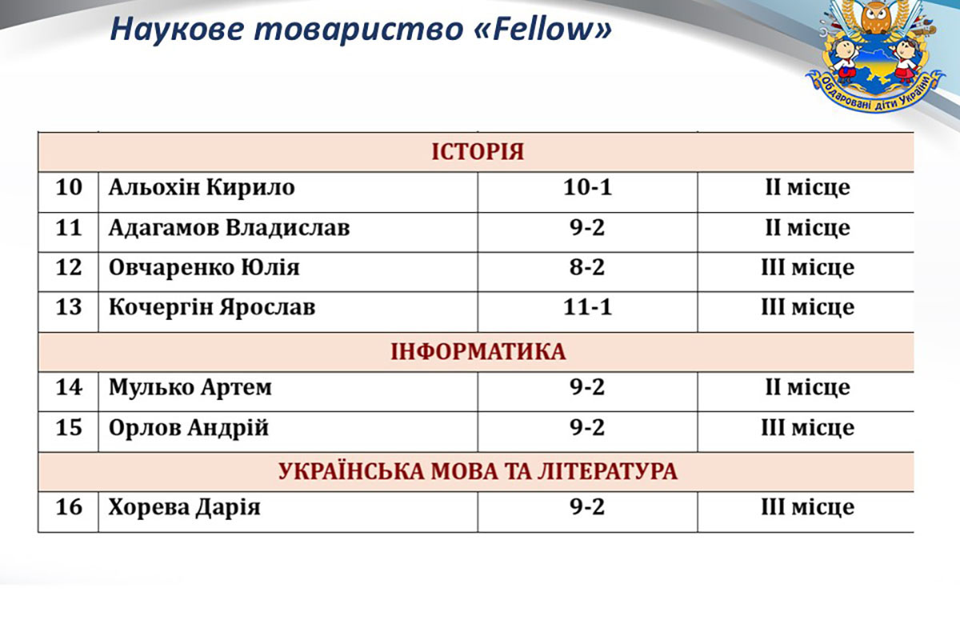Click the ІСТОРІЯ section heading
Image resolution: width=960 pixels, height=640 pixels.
[x=478, y=152]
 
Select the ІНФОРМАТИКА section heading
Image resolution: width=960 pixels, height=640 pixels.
[x=478, y=352]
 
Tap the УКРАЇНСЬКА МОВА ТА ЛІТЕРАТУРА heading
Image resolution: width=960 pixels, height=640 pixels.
[x=478, y=471]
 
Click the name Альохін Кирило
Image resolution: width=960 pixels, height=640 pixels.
[x=202, y=188]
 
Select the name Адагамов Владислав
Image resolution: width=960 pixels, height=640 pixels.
[x=229, y=228]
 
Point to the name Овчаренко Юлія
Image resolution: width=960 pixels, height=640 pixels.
[x=204, y=267]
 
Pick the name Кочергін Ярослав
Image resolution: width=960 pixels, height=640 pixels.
[x=212, y=307]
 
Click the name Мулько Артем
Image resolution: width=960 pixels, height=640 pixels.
[x=190, y=387]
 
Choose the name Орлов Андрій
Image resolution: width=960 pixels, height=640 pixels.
[x=188, y=427]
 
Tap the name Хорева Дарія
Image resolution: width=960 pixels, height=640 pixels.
[x=184, y=507]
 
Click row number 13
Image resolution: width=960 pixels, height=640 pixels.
[x=69, y=307]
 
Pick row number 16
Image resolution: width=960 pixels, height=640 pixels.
[x=69, y=506]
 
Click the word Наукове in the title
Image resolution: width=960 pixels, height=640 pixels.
[x=177, y=29]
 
